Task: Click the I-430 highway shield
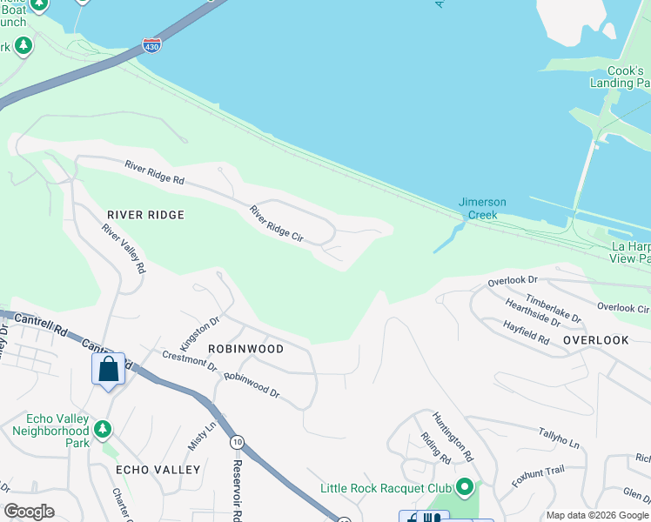(151, 45)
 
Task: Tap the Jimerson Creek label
(482, 209)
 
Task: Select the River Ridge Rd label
(155, 172)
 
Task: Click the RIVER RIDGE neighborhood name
(145, 215)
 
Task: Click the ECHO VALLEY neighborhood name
(158, 470)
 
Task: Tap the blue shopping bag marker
(108, 369)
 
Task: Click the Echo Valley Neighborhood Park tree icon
(103, 429)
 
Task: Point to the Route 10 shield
(237, 443)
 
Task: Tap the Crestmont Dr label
(190, 361)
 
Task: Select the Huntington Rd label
(453, 437)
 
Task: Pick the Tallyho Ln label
(559, 438)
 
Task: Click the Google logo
(30, 512)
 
